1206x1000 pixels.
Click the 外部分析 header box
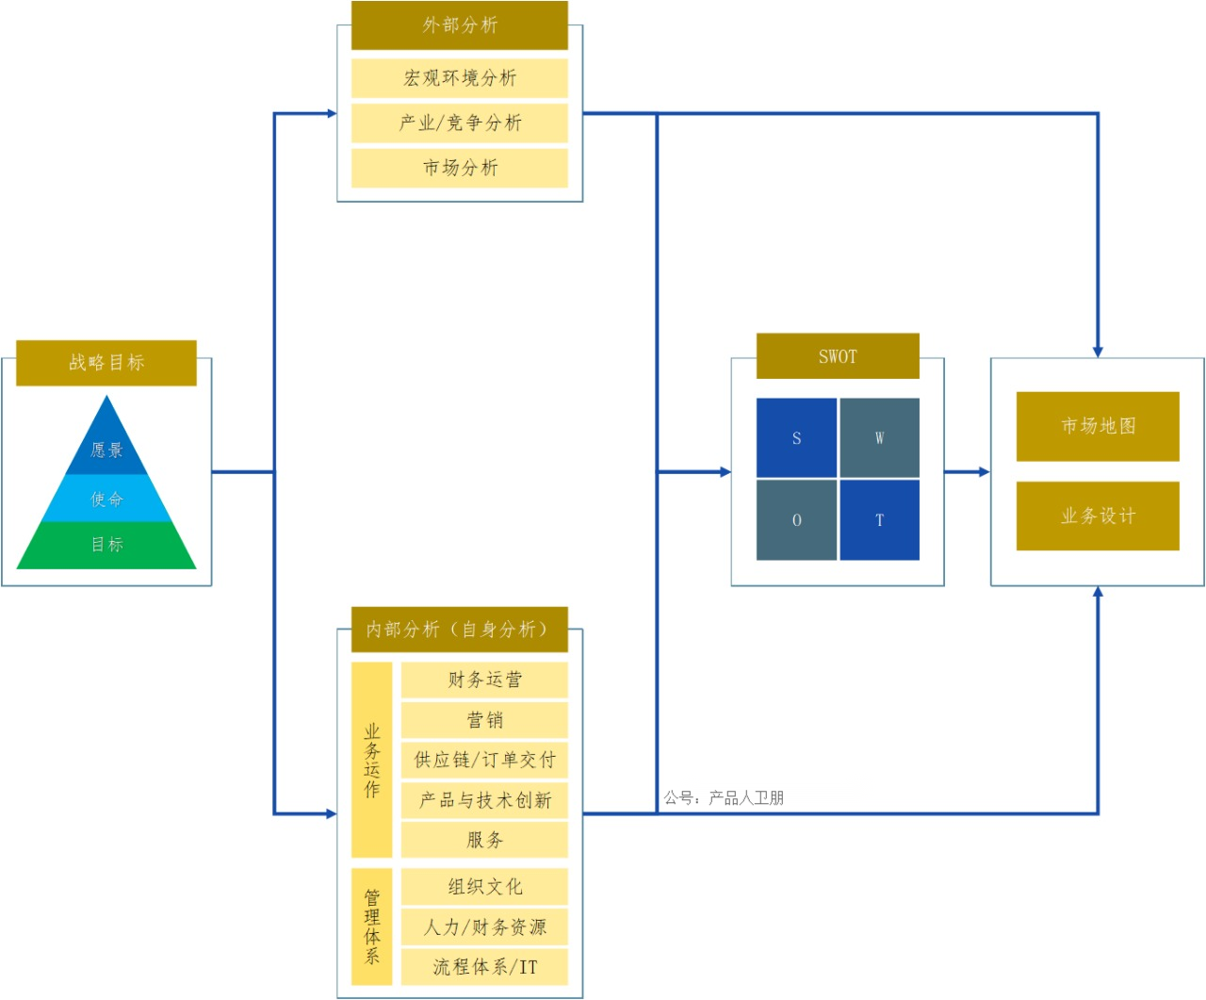click(460, 25)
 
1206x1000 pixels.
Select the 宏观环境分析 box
click(460, 78)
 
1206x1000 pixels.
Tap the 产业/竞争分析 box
click(460, 123)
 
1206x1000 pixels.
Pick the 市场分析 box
click(460, 168)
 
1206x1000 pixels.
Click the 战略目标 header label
click(106, 363)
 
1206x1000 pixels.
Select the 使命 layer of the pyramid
click(106, 499)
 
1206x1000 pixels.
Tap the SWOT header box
click(838, 356)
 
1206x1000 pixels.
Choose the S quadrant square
click(796, 438)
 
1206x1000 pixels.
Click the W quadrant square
click(879, 438)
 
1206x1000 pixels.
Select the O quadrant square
click(796, 520)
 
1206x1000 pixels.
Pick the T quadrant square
click(879, 520)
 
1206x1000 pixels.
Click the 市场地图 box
click(1098, 426)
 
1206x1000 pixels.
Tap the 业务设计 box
click(1098, 516)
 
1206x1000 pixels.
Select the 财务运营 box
click(484, 680)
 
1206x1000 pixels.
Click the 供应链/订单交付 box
click(484, 760)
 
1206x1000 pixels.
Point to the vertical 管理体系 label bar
click(372, 926)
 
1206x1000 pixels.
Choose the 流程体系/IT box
click(484, 967)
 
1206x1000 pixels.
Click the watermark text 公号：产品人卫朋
click(724, 798)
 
